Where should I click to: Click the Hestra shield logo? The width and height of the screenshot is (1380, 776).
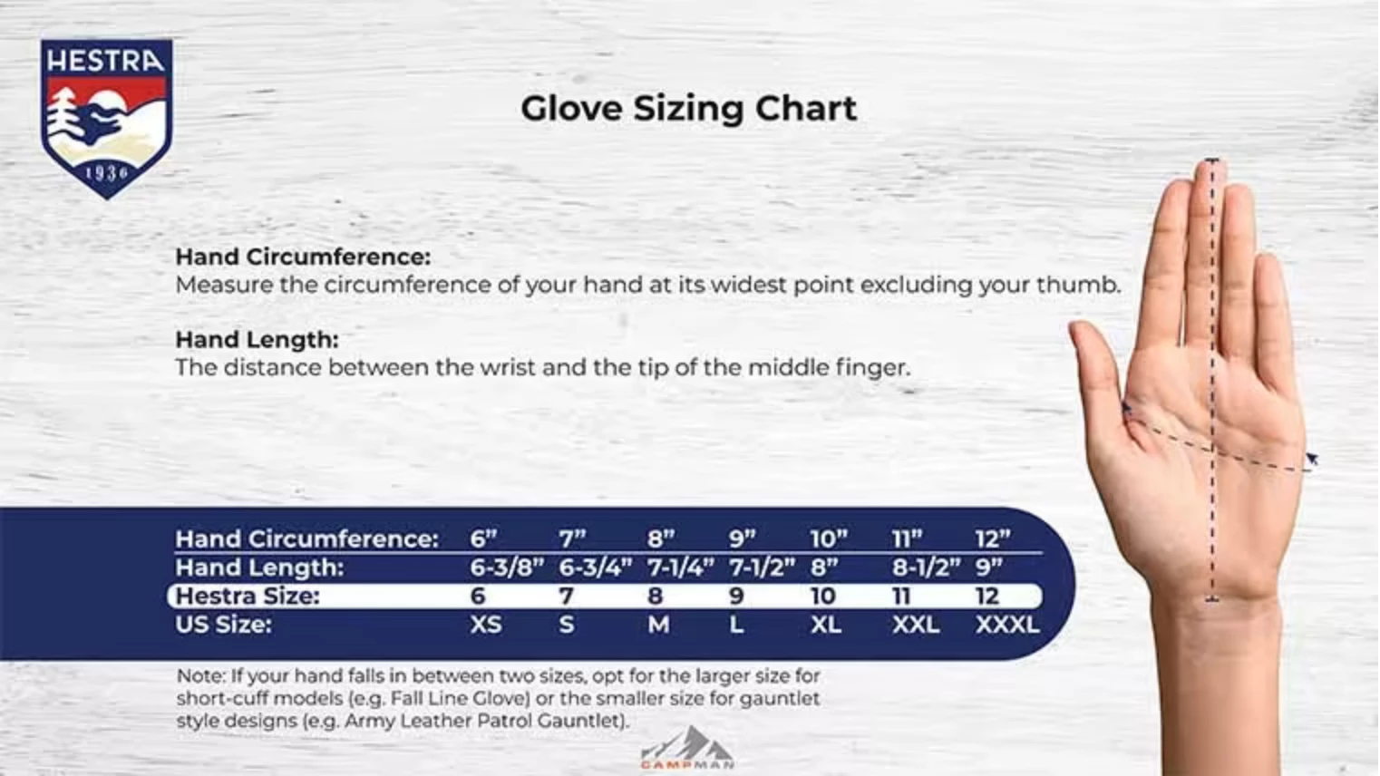coord(106,118)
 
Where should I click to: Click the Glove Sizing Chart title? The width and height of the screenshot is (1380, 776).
coord(688,109)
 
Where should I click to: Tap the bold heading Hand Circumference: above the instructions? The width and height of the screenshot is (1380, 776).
coord(303,257)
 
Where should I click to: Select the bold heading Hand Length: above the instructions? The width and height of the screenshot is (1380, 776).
coord(257,339)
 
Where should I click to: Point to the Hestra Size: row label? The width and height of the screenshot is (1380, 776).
coord(247,596)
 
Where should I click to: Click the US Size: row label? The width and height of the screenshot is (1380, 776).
coord(223,624)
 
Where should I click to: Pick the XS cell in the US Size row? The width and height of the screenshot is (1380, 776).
coord(485,625)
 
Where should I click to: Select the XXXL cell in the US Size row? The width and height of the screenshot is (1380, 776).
coord(1006,625)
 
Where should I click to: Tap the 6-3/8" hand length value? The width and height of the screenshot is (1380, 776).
coord(506,567)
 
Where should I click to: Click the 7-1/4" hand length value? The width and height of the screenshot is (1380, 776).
coord(680,567)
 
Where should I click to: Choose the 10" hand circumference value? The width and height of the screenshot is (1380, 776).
coord(828,538)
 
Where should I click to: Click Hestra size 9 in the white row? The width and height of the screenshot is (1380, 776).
coord(736,596)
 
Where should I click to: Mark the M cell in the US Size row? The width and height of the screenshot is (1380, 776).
coord(658,625)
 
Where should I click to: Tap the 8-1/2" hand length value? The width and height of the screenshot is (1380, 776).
coord(926,567)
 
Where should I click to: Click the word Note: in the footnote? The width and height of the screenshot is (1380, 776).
coord(200,676)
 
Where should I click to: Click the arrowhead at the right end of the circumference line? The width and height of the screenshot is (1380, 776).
coord(1311,461)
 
